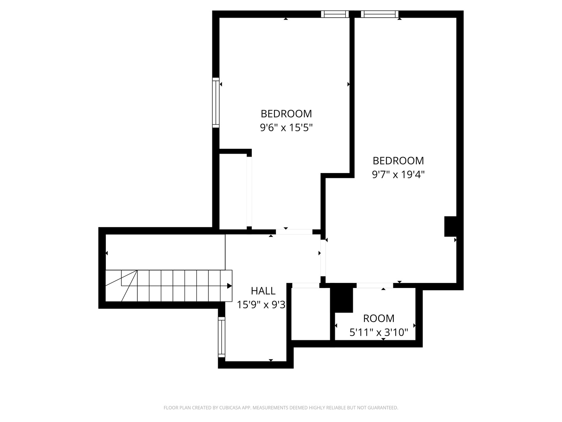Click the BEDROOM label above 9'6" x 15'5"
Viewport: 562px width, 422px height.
coord(286,114)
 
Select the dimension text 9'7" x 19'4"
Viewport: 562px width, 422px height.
coord(398,174)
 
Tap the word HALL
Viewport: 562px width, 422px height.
coord(263,291)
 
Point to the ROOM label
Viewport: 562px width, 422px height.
coord(379,318)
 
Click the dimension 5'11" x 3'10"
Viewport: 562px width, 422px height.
coord(379,333)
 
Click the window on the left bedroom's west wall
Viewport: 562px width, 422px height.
coord(216,102)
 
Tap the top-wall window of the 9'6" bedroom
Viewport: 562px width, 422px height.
coord(335,14)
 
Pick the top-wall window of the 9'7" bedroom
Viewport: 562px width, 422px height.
coord(379,14)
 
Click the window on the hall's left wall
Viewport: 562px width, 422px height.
coord(222,337)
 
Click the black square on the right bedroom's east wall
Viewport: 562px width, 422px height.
coord(450,226)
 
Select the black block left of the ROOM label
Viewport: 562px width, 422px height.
coord(342,299)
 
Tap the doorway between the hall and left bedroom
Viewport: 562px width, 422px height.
coord(294,232)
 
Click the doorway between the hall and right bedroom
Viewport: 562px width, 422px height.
coord(323,258)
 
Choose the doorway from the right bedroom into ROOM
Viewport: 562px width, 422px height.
coord(375,286)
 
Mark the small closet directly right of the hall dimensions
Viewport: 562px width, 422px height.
coord(311,315)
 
